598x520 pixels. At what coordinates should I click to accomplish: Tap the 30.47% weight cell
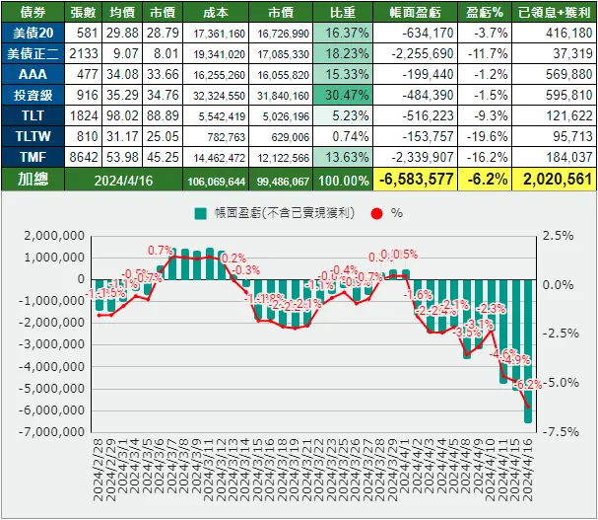pos(342,96)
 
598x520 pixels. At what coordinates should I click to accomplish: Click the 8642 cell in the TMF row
pos(85,156)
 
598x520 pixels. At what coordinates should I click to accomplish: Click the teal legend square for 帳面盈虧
pos(201,212)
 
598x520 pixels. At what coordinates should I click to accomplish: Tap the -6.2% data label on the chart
pos(530,385)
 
